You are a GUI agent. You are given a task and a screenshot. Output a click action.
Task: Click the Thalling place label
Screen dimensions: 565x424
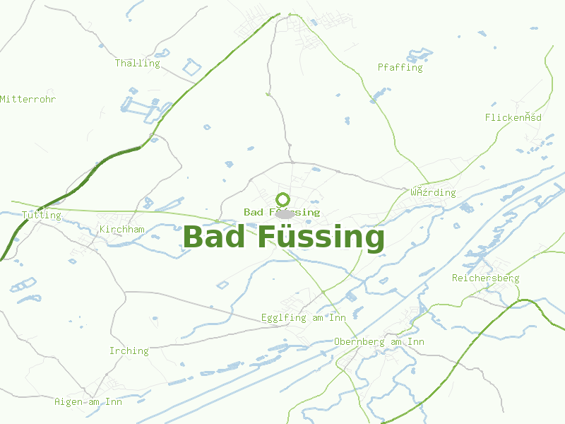(138, 63)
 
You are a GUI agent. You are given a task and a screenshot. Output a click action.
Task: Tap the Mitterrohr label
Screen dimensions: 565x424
(28, 99)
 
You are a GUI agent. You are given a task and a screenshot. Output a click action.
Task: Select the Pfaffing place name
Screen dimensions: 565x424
(400, 68)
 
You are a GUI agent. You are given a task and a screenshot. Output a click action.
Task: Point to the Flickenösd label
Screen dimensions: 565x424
(513, 117)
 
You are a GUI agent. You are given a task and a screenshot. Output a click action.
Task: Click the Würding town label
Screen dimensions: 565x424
(433, 192)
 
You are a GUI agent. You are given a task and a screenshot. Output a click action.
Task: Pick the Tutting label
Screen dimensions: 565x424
(42, 215)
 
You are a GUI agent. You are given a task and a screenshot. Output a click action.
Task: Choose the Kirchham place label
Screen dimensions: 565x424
(122, 229)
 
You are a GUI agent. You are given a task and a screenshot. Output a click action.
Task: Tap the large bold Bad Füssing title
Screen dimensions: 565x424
(283, 237)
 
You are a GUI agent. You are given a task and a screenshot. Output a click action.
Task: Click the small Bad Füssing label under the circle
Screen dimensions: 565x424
(282, 212)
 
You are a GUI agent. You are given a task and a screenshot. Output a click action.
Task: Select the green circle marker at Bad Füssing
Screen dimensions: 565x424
(283, 199)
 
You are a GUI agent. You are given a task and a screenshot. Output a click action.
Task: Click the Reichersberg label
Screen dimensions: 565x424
(485, 278)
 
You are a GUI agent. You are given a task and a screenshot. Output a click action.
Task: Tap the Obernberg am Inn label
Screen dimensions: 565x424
(379, 342)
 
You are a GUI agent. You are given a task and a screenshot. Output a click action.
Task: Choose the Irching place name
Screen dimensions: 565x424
(129, 351)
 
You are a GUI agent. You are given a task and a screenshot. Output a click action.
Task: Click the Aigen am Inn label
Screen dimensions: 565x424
(88, 401)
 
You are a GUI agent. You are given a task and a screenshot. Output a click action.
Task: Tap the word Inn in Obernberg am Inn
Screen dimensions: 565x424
(416, 342)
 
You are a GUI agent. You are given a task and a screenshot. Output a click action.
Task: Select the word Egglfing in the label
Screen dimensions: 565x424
(283, 317)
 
